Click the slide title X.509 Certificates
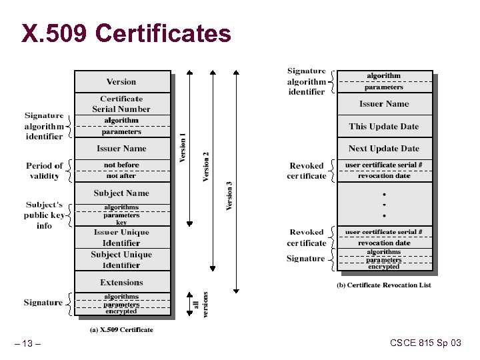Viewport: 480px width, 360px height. coord(126,33)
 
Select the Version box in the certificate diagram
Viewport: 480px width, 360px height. coord(121,82)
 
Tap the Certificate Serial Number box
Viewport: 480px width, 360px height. coord(121,104)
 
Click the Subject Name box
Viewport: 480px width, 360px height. coord(121,193)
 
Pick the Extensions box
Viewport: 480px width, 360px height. coord(121,283)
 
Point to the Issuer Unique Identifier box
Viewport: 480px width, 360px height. coord(121,237)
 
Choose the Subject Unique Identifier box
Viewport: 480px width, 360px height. coord(121,259)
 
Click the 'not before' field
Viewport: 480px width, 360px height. coord(121,165)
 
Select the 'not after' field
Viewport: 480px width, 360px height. coord(121,176)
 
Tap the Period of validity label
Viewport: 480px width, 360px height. coord(45,171)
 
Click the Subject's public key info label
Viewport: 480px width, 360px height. coord(45,215)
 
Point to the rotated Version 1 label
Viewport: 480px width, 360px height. coord(183,148)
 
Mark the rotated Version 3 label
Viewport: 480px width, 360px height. coord(229,196)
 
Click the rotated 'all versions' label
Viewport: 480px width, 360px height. coord(202,304)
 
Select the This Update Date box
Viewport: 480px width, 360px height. coord(384,127)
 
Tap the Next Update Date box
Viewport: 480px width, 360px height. coord(384,149)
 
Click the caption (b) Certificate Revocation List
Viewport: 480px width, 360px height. coord(384,285)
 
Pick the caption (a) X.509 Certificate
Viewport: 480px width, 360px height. coord(121,329)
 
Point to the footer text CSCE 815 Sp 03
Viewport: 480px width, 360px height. coord(425,343)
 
